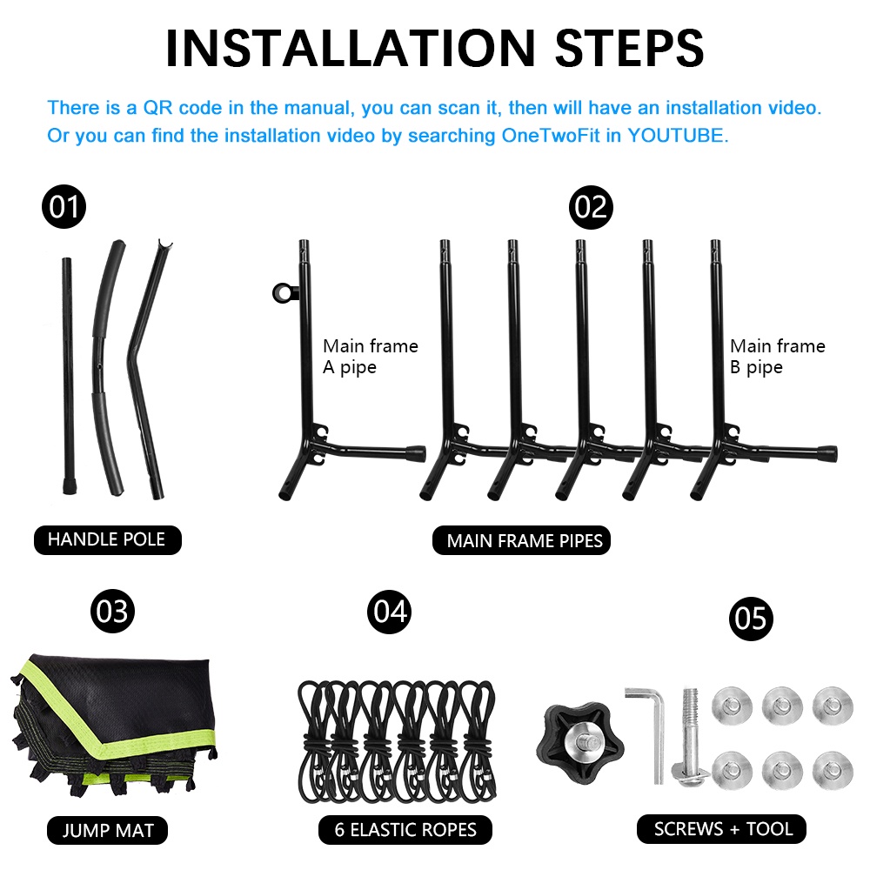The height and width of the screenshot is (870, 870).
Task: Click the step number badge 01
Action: coord(64,207)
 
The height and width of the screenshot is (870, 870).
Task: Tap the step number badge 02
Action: coord(591,208)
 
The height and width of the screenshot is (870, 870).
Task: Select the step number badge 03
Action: coord(112,612)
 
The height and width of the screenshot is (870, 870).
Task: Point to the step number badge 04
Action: coord(390,612)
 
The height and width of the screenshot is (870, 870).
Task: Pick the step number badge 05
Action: coord(751,619)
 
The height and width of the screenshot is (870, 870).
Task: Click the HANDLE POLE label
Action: coord(108,540)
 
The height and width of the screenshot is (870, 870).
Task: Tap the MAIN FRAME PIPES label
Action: coord(521,540)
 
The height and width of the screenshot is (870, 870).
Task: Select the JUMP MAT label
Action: coord(108,830)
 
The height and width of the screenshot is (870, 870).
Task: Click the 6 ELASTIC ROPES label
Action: coord(405,829)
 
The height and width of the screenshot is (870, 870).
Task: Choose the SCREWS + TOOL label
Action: coord(721,829)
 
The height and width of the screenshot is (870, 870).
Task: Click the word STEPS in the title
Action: coord(629,49)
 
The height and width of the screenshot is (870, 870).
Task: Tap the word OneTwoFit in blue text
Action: coord(551,136)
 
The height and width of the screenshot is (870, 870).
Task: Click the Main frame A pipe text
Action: coord(371,357)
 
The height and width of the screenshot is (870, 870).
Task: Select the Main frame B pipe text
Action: coord(777,357)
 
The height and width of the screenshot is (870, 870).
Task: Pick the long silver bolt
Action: coord(690,738)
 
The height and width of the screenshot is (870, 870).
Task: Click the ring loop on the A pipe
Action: coord(282,292)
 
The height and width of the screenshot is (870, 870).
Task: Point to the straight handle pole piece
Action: coord(68,376)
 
